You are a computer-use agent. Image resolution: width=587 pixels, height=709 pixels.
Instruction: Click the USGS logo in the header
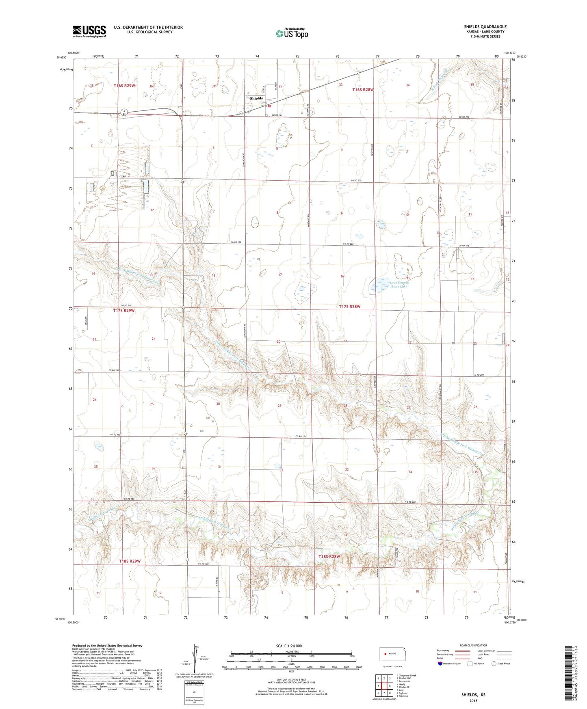coord(89,31)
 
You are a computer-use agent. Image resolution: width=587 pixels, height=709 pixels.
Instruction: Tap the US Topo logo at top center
coord(291,33)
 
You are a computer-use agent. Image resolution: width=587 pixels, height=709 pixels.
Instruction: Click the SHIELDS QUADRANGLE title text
coord(485,27)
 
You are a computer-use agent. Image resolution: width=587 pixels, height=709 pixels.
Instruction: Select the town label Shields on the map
coord(256,98)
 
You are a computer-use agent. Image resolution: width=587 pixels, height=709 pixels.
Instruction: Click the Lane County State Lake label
coord(398,284)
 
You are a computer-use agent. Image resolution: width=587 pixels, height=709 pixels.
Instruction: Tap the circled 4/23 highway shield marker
coord(124,112)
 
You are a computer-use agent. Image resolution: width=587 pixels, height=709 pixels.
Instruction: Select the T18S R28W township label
coord(329,556)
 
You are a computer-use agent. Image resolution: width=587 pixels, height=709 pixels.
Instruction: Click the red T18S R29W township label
coord(130,561)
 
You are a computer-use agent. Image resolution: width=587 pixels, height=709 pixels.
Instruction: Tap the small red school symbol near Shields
coord(269,106)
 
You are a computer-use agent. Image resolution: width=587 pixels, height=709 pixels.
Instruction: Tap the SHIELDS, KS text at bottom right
coord(473,695)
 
